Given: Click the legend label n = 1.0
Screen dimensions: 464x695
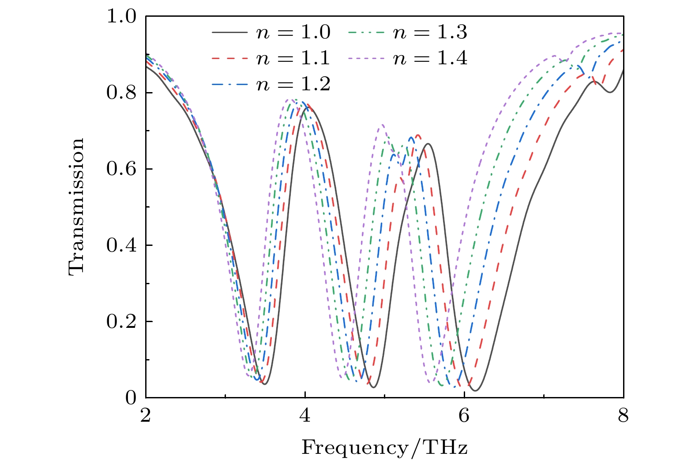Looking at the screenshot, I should pos(293,33).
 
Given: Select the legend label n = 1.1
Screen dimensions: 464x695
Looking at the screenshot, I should pos(293,58).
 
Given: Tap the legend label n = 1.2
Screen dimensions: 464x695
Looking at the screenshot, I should pos(293,84).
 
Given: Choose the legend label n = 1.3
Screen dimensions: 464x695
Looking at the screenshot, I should pos(430,33).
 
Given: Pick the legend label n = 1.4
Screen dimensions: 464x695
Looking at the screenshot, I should pos(430,58).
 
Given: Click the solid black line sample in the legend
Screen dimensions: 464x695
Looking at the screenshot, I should pos(229,33).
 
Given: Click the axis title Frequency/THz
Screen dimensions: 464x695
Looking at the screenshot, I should pos(384,448).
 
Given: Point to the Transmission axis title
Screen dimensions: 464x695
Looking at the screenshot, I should pos(76,207).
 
